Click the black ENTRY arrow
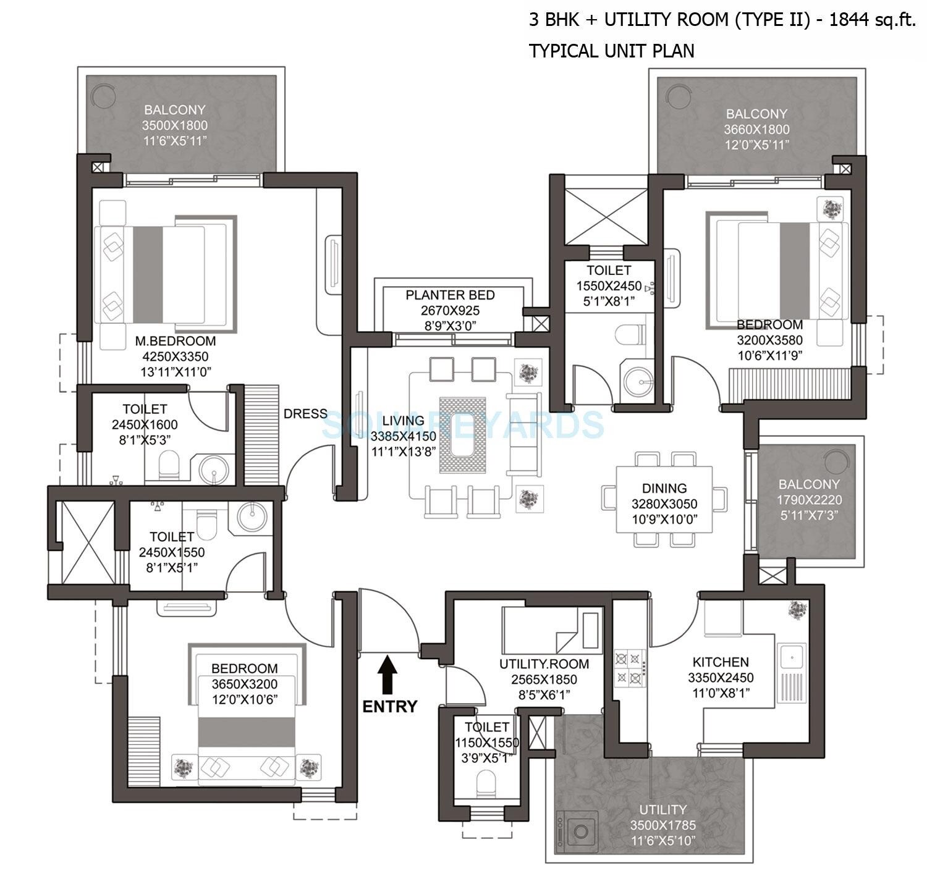click(387, 676)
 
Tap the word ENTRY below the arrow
click(390, 706)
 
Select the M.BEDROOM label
click(176, 341)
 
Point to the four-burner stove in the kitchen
click(629, 668)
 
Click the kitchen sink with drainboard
click(792, 673)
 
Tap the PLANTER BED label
click(450, 295)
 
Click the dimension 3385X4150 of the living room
click(403, 436)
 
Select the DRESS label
click(305, 414)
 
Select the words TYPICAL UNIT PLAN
click(611, 51)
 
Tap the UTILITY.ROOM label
click(544, 664)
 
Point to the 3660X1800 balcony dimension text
click(756, 130)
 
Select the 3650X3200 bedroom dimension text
click(244, 684)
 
